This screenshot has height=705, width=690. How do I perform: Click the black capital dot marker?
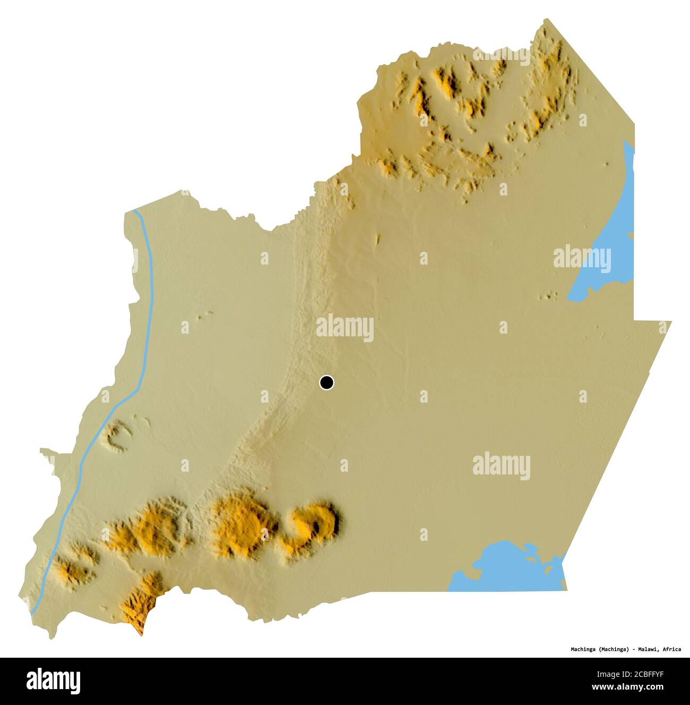tap(327, 382)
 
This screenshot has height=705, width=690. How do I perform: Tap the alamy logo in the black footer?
tap(54, 679)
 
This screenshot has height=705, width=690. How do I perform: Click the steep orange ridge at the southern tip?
tap(139, 606)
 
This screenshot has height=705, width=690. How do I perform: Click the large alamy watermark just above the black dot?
tap(345, 328)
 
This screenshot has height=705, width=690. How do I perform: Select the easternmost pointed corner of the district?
tap(671, 321)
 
